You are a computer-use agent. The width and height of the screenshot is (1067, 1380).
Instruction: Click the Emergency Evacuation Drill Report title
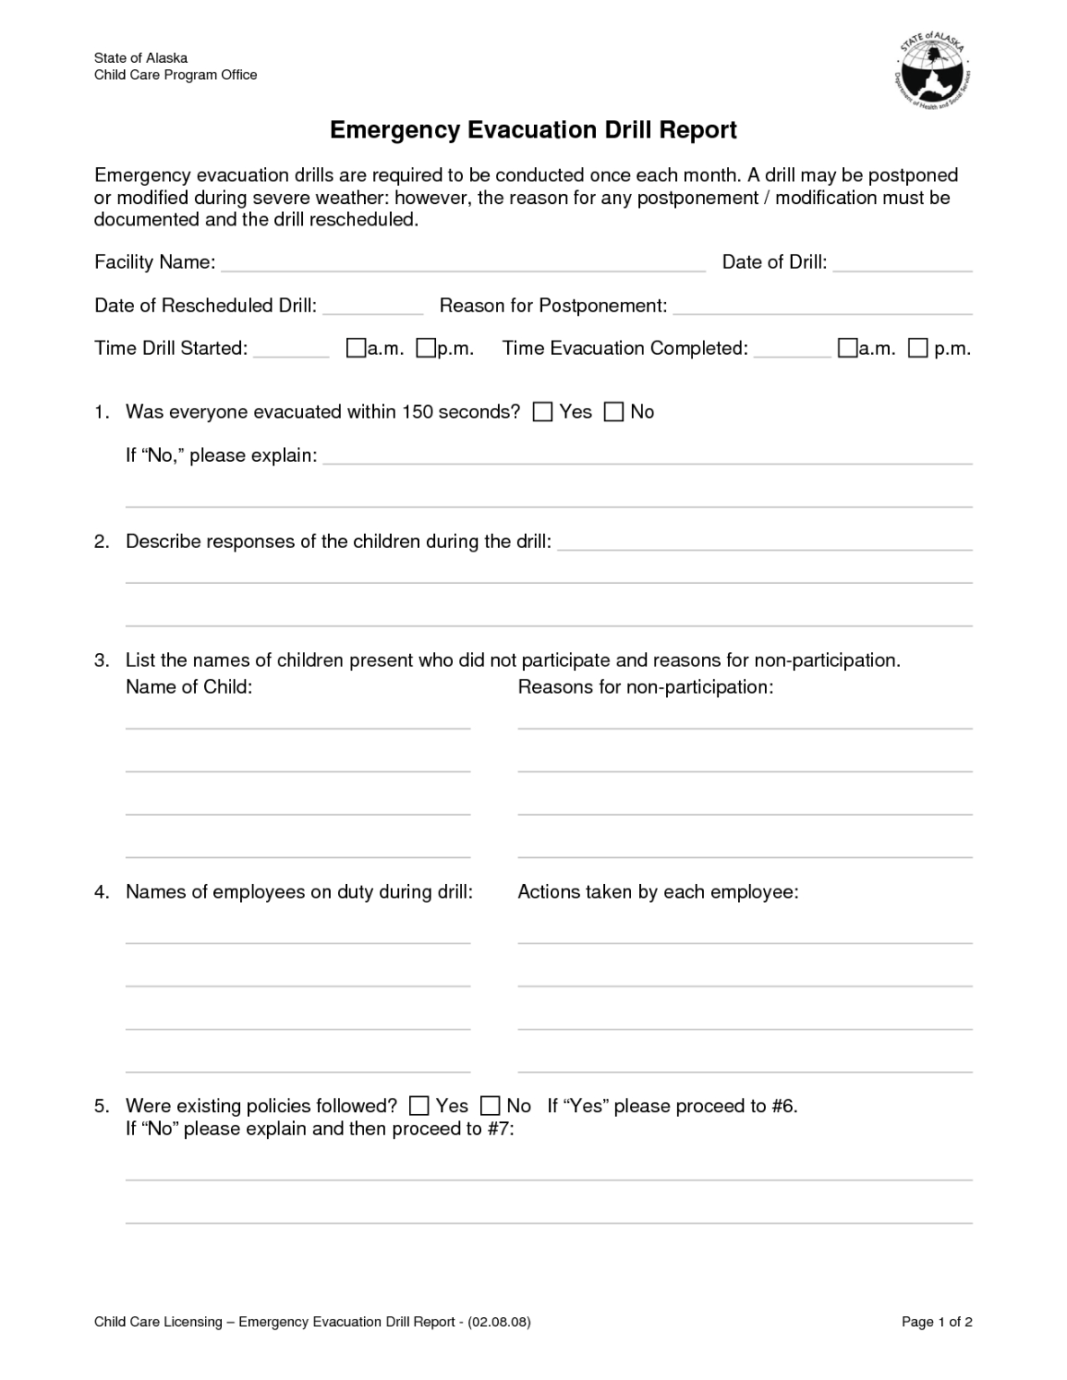533,130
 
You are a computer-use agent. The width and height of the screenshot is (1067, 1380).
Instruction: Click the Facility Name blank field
463,262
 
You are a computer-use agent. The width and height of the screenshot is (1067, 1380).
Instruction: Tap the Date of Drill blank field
903,262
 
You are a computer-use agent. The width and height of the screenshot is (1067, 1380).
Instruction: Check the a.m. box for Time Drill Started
356,349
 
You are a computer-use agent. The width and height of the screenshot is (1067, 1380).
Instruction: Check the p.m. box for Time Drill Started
426,349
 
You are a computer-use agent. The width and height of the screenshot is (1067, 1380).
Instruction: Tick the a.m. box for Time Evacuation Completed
848,349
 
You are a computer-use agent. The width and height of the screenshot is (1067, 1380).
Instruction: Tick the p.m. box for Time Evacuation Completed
918,349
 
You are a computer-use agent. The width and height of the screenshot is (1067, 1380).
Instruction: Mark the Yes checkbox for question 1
543,412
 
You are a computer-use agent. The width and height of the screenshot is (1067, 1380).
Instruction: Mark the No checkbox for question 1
613,412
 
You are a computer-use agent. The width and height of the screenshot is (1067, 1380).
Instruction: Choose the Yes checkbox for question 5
419,1106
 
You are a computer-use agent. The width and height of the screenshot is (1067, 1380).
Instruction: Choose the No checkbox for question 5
490,1106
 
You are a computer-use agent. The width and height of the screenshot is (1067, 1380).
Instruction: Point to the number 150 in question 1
417,412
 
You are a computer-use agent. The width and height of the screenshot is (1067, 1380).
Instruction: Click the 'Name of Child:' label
189,687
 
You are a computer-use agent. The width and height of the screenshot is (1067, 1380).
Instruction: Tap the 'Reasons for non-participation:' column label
645,687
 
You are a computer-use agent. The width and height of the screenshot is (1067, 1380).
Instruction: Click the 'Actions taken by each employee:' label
658,892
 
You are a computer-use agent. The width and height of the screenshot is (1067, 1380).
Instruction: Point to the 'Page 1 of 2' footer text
937,1322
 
